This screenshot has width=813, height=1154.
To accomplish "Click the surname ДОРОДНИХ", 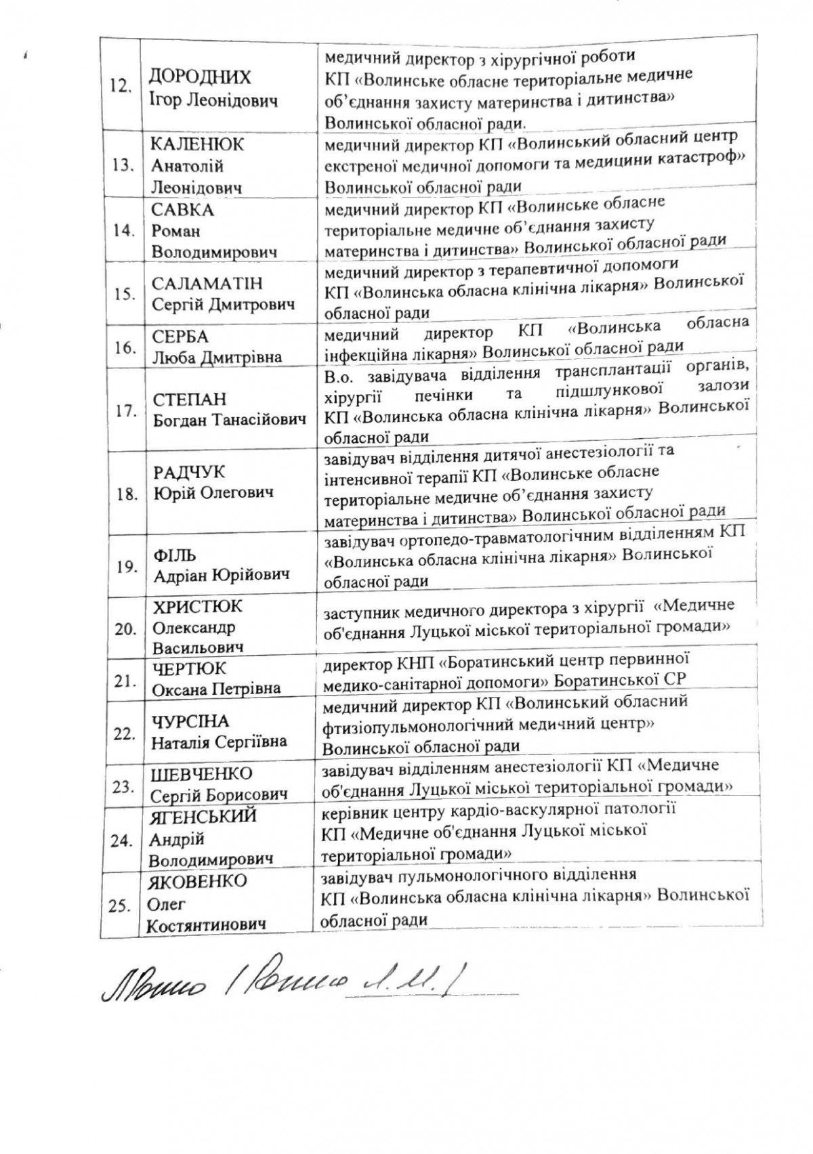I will pyautogui.click(x=201, y=77).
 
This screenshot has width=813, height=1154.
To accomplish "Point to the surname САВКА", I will pyautogui.click(x=183, y=210).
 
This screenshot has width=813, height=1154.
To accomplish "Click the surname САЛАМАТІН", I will pyautogui.click(x=207, y=283).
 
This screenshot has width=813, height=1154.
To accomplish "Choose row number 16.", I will pyautogui.click(x=124, y=348).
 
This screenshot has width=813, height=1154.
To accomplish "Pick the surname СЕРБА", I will pyautogui.click(x=180, y=337).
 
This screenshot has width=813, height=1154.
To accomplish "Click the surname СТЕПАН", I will pyautogui.click(x=189, y=399).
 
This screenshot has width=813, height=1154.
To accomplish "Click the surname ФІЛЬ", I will pyautogui.click(x=174, y=555).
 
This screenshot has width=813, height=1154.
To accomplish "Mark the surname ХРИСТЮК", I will pyautogui.click(x=196, y=606).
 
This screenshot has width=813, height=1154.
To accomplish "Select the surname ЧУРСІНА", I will pyautogui.click(x=190, y=721).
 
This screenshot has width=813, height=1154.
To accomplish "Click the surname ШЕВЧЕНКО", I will pyautogui.click(x=201, y=773).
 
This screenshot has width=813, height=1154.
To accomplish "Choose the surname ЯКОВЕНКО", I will pyautogui.click(x=199, y=882).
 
